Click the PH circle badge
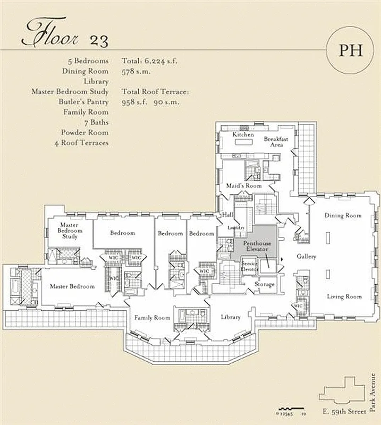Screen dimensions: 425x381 [351, 50]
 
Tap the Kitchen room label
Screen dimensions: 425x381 [243, 135]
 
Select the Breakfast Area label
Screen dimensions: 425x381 [276, 141]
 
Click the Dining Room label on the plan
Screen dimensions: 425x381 [343, 216]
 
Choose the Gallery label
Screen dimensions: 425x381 [307, 257]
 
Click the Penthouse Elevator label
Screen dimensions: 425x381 [257, 246]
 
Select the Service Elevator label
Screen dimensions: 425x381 [250, 266]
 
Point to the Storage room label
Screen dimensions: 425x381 [264, 285]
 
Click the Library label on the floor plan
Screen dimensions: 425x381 [231, 317]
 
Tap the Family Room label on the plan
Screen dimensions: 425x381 [152, 318]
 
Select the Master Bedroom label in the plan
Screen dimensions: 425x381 [72, 286]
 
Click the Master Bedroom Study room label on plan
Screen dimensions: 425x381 [70, 231]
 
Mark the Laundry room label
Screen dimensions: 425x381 [235, 227]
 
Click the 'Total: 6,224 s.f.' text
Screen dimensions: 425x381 [149, 61]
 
